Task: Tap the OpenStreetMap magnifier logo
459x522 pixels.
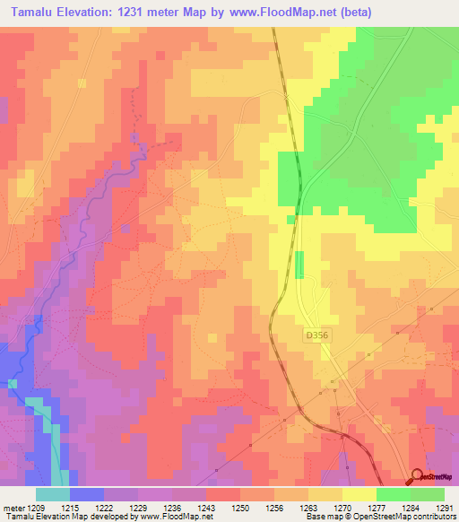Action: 419,478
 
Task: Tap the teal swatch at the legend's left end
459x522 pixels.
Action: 52,494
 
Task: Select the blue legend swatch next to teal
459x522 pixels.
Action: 86,494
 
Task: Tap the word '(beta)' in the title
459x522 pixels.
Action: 351,13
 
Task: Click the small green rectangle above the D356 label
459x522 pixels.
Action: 299,265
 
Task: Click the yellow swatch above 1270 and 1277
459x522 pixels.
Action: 359,494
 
